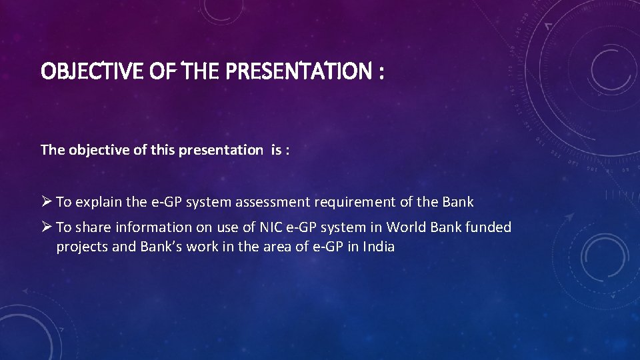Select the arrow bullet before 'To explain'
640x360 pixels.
coord(46,201)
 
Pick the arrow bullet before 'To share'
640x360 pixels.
coord(46,227)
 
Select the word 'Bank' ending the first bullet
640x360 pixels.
coord(457,201)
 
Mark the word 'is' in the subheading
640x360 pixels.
coord(275,150)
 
